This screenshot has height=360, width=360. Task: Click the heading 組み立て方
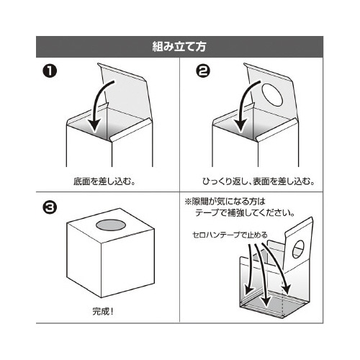(x=180, y=48)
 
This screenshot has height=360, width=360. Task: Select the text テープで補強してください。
(x=242, y=214)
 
